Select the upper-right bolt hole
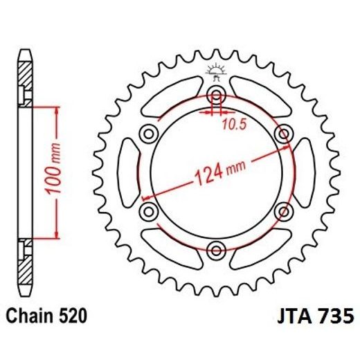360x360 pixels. pyautogui.click(x=283, y=132)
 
